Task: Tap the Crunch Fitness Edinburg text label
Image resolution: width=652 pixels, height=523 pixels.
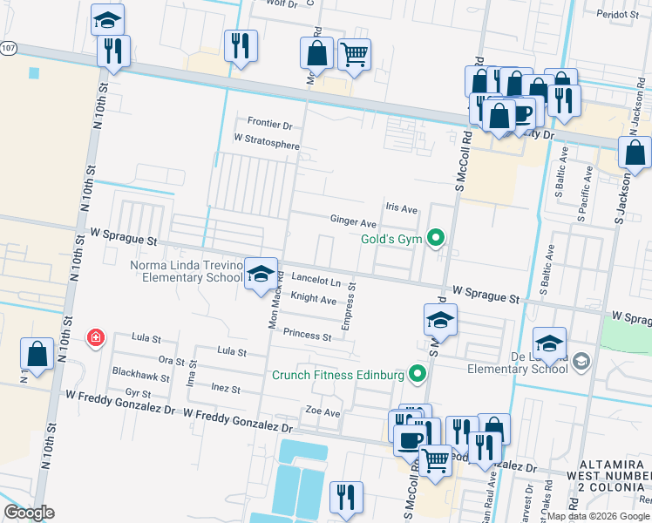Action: coord(337,375)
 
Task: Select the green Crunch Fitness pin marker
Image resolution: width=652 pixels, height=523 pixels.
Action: coord(418,375)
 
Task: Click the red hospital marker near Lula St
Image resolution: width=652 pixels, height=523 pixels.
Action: coord(94,337)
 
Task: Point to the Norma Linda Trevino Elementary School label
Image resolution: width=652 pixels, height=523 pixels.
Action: coord(186,271)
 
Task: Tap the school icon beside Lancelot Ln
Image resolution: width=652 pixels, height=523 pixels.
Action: coord(260,275)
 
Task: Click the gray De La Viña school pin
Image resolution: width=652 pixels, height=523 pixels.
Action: coord(582,361)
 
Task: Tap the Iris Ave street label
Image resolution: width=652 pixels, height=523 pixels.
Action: coord(402,208)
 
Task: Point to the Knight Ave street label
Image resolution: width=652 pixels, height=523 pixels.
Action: coord(313,299)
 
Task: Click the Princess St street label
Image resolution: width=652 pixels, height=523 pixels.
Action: coord(307,336)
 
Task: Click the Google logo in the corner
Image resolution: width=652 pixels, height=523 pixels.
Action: coord(29,512)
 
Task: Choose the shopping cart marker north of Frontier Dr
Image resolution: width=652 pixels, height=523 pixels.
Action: coord(354,55)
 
